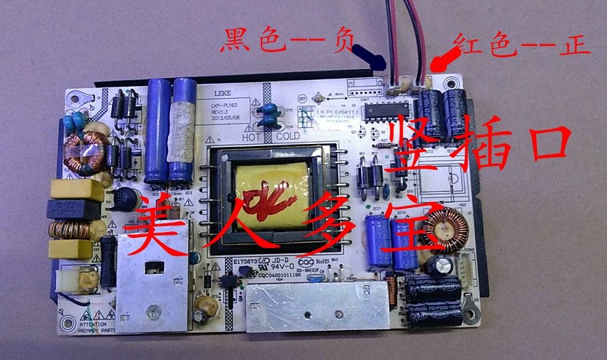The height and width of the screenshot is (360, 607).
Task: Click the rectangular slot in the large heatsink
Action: pos(153,269)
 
